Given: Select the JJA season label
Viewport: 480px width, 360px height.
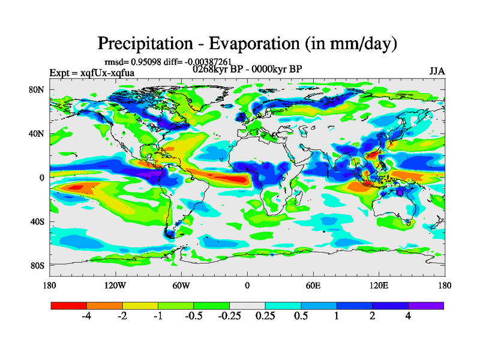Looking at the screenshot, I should click(x=437, y=71).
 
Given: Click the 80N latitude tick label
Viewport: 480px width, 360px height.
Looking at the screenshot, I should click(x=37, y=89).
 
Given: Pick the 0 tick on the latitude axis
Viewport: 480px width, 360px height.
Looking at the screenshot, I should click(x=42, y=178).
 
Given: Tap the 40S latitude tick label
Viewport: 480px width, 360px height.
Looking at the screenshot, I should click(x=37, y=221).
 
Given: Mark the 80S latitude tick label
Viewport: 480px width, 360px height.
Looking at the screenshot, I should click(x=37, y=265).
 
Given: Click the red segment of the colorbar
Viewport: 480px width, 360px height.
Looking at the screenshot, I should click(x=69, y=305).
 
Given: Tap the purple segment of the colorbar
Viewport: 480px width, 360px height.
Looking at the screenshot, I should click(x=426, y=305).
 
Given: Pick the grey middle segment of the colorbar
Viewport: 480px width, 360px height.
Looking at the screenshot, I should click(x=247, y=305).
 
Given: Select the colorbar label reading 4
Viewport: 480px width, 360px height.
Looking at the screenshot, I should click(x=408, y=316).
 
